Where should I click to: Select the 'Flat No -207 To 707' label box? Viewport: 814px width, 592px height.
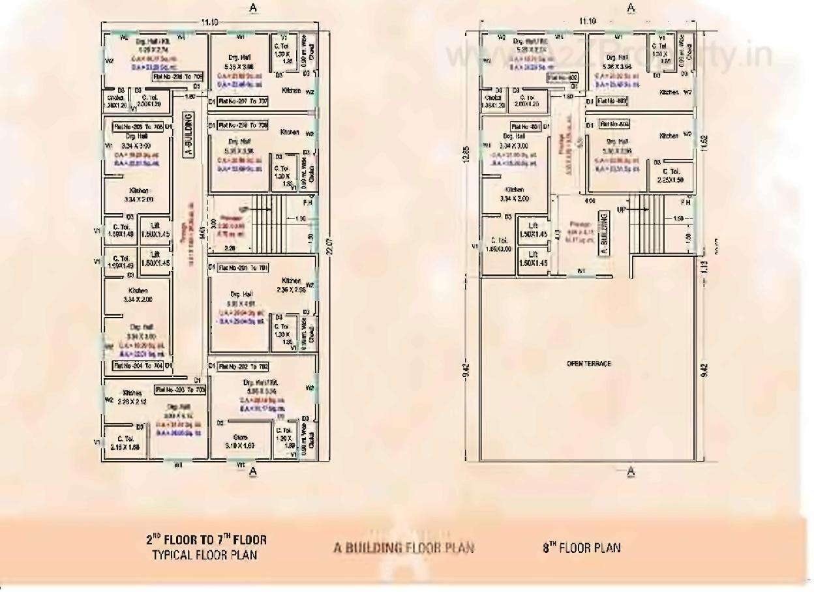click(243, 101)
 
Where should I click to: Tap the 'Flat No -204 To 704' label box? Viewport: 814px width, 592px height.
click(138, 366)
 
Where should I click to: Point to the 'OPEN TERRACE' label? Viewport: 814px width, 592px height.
click(589, 364)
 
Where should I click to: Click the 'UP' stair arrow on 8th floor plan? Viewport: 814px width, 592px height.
click(622, 210)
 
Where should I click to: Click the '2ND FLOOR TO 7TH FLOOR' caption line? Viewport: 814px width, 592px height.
click(206, 540)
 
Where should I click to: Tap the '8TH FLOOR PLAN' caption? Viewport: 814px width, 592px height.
click(581, 548)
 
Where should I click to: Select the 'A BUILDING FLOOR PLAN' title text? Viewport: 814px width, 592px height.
click(404, 548)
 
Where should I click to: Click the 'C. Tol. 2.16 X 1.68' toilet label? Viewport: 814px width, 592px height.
click(123, 443)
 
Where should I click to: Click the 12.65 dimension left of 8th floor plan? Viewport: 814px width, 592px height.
click(466, 156)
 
